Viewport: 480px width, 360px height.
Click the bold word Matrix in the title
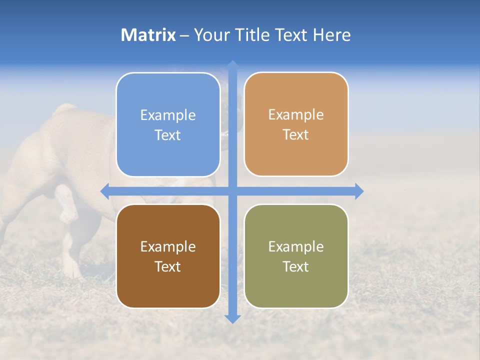148,35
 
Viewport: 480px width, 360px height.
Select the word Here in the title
332,35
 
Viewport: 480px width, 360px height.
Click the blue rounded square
168,100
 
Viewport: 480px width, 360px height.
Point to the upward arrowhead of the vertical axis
232,65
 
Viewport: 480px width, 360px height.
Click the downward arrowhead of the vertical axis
232,318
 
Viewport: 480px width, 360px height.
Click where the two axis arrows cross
232,191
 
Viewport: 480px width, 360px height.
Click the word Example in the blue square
168,115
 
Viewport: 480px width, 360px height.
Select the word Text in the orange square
296,135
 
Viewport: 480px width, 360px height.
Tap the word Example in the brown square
168,246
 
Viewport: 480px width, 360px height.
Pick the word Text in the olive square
296,266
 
